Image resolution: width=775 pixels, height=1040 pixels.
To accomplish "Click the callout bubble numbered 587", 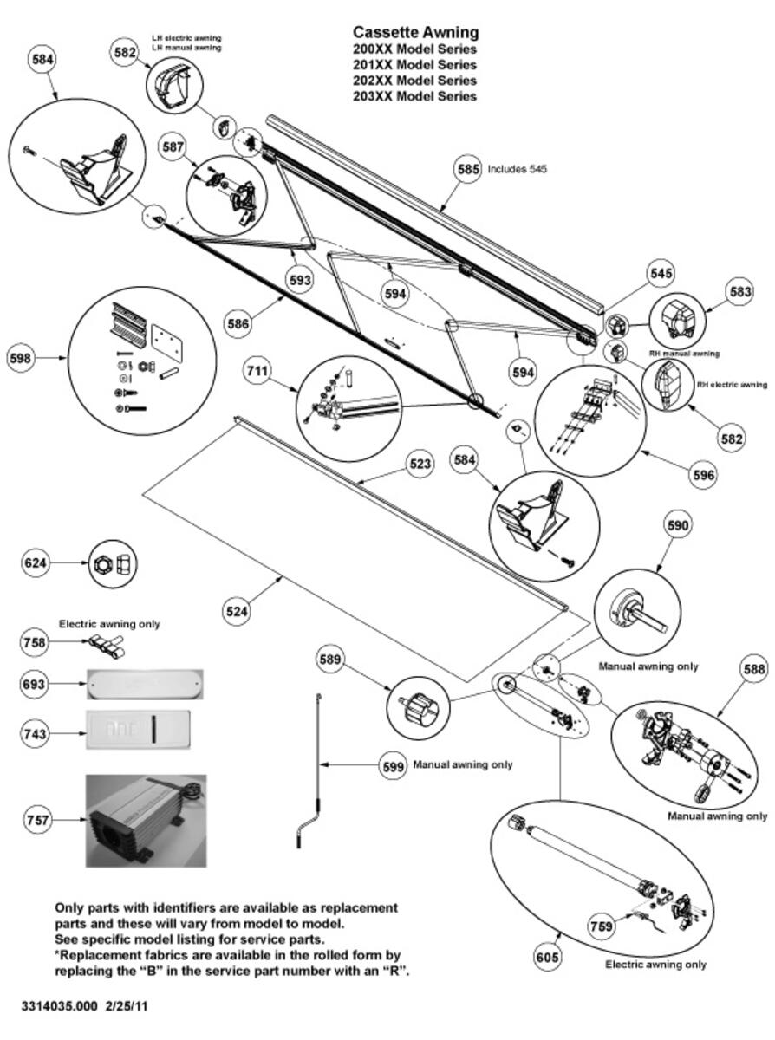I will point(173,147).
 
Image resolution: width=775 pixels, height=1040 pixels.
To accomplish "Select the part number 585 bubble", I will point(468,170).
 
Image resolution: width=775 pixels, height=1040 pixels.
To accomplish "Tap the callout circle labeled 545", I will point(661,273).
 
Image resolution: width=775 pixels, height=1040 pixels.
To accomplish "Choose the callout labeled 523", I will point(420,465).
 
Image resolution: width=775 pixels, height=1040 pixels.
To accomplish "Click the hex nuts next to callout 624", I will point(114,564).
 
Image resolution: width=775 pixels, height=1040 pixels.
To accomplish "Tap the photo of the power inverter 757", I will point(146,821).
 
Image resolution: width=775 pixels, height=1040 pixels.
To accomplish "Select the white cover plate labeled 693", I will point(147,684).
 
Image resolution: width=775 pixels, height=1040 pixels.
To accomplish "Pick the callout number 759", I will point(602,926).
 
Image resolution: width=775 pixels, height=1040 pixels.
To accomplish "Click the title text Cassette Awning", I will point(415,32).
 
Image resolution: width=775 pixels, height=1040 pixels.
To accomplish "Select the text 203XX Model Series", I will point(415,96).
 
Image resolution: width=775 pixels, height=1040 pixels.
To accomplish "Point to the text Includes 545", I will point(517,170).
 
